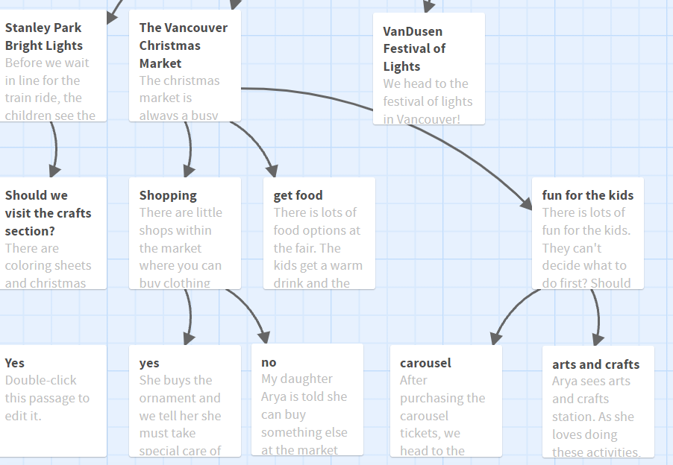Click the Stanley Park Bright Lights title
coord(44,37)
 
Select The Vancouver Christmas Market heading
coord(184,45)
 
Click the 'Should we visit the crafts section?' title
coord(48,213)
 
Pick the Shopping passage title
coord(168,195)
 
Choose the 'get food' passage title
coord(298,195)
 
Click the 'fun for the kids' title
coord(587,195)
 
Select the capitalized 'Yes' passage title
coord(15,363)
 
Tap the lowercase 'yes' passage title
coord(149,363)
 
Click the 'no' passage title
coord(269,362)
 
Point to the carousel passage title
coord(425,363)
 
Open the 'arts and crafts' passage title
coord(595,364)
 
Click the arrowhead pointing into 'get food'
coord(272,171)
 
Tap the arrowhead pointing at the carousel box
coord(496,337)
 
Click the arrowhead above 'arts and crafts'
coord(598,338)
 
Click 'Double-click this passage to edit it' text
coord(47,398)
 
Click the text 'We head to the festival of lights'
coord(428,92)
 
